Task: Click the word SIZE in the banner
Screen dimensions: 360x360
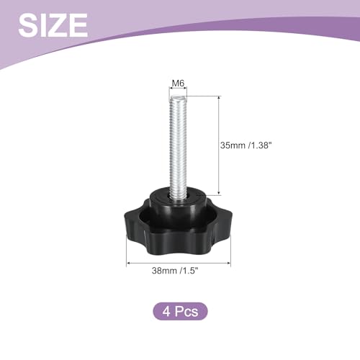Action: click(53, 25)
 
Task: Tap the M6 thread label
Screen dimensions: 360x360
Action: click(178, 84)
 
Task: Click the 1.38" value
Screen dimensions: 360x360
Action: click(261, 145)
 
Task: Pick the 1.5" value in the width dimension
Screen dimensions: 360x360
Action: click(190, 271)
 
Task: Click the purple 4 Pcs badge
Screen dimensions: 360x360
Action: click(180, 311)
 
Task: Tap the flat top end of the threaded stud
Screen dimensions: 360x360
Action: click(178, 98)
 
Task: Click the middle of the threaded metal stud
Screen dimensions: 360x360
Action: click(178, 146)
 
